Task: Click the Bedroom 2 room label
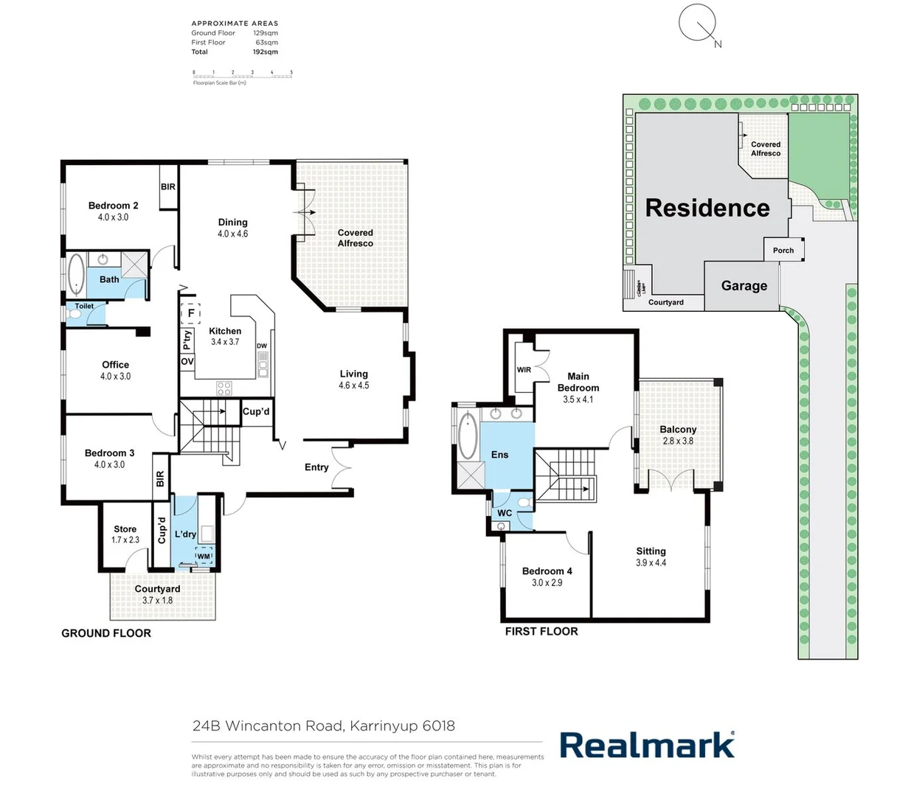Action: coord(113,206)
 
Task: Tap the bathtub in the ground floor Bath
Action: coord(76,274)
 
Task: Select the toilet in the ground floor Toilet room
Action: coord(75,315)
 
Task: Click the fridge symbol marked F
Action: coord(191,313)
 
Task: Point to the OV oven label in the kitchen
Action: coord(187,362)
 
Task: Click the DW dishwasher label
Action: coord(262,346)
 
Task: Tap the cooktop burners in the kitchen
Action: coord(224,388)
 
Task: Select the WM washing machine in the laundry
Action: coord(204,556)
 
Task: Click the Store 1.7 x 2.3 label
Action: coord(125,534)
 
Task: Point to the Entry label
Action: coord(316,467)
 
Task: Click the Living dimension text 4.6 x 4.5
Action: coord(353,385)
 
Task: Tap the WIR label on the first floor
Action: coord(524,370)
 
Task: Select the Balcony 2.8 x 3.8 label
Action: coord(678,435)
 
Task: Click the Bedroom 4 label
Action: coord(547,571)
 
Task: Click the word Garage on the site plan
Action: coord(744,286)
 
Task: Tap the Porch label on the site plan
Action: coord(783,251)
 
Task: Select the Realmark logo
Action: coord(647,745)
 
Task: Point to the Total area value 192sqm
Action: coord(266,52)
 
